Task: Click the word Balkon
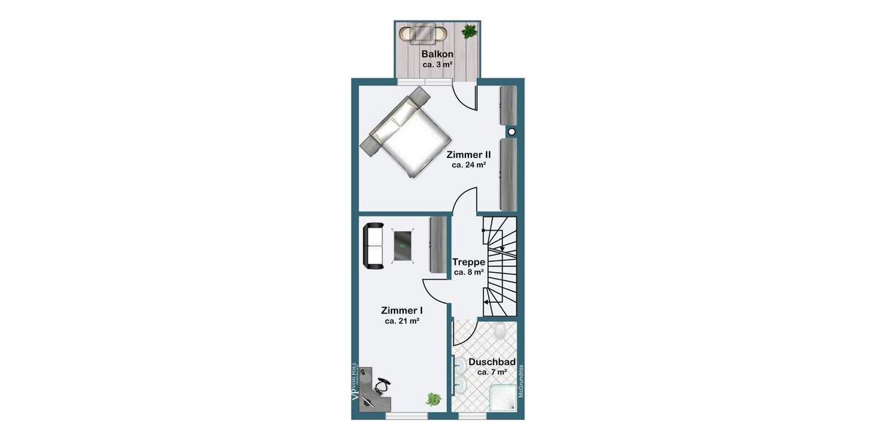coord(438,54)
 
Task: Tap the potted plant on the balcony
coord(468,31)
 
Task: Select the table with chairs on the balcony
coord(423,33)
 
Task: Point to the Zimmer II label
coord(468,154)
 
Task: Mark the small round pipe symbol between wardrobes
coord(511,132)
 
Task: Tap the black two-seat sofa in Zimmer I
coord(373,246)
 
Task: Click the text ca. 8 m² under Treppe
coord(468,272)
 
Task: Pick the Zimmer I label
coord(402,310)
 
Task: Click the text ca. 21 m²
coord(402,321)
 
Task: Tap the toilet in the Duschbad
coord(500,333)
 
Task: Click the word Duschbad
coord(492,361)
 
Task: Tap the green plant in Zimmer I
coord(433,399)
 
